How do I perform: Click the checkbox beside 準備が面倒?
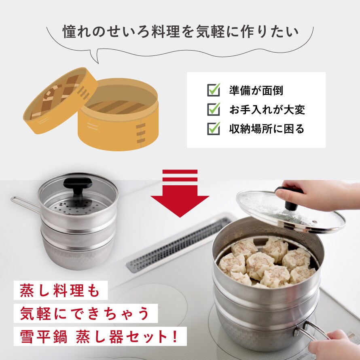(x=213, y=90)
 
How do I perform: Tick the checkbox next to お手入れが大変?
(x=213, y=109)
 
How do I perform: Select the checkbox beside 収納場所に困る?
(x=213, y=129)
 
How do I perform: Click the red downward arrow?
(x=180, y=193)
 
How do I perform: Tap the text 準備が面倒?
(x=256, y=91)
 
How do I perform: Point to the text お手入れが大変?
(x=267, y=110)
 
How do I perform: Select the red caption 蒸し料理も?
(x=60, y=290)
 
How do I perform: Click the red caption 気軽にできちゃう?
(x=85, y=313)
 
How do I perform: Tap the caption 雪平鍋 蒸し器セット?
(x=99, y=337)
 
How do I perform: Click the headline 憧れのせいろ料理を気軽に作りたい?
(x=181, y=32)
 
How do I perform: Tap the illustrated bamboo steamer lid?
(x=60, y=101)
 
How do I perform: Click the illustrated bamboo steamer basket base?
(x=118, y=114)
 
